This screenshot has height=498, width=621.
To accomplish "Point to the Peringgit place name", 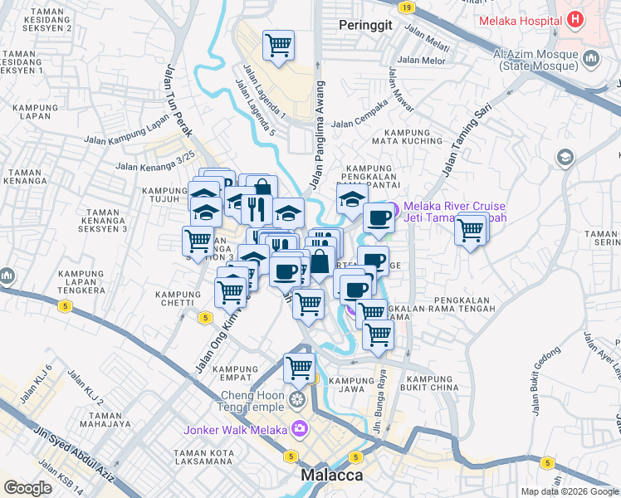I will [365, 26].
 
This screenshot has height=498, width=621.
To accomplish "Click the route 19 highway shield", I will [405, 7].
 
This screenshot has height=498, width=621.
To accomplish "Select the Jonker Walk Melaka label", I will [235, 429].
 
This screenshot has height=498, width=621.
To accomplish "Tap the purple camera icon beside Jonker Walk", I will [299, 429].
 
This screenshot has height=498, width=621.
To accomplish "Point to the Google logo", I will [27, 488].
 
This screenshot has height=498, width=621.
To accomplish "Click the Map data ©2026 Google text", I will [570, 491].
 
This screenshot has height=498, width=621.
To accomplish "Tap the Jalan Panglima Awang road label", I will [318, 134].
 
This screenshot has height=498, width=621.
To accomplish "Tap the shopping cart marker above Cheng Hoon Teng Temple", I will [299, 367].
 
